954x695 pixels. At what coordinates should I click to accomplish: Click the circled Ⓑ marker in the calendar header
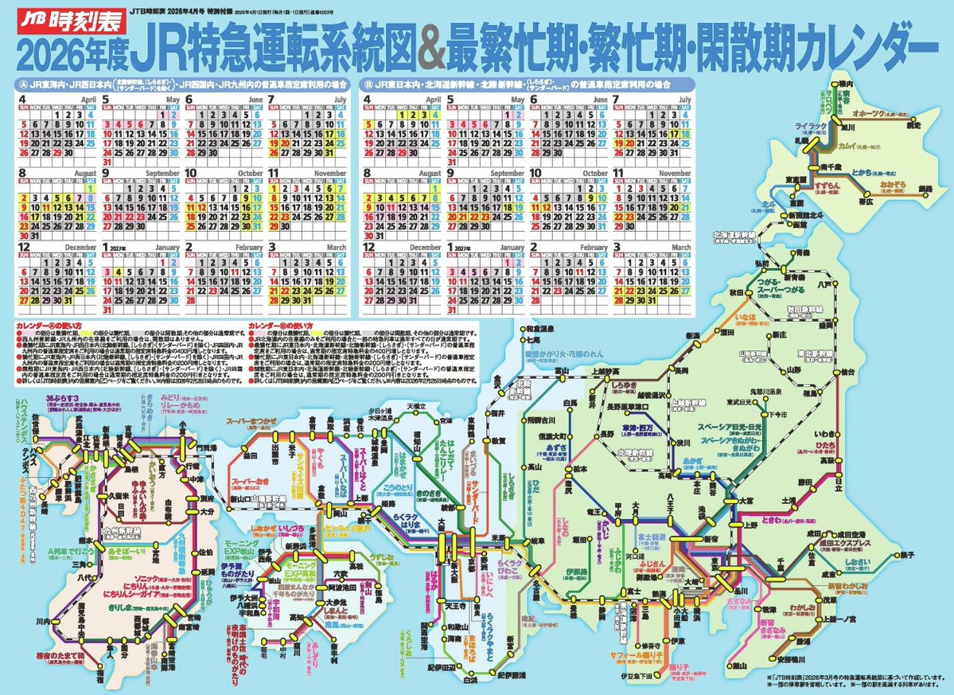pos(367,83)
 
